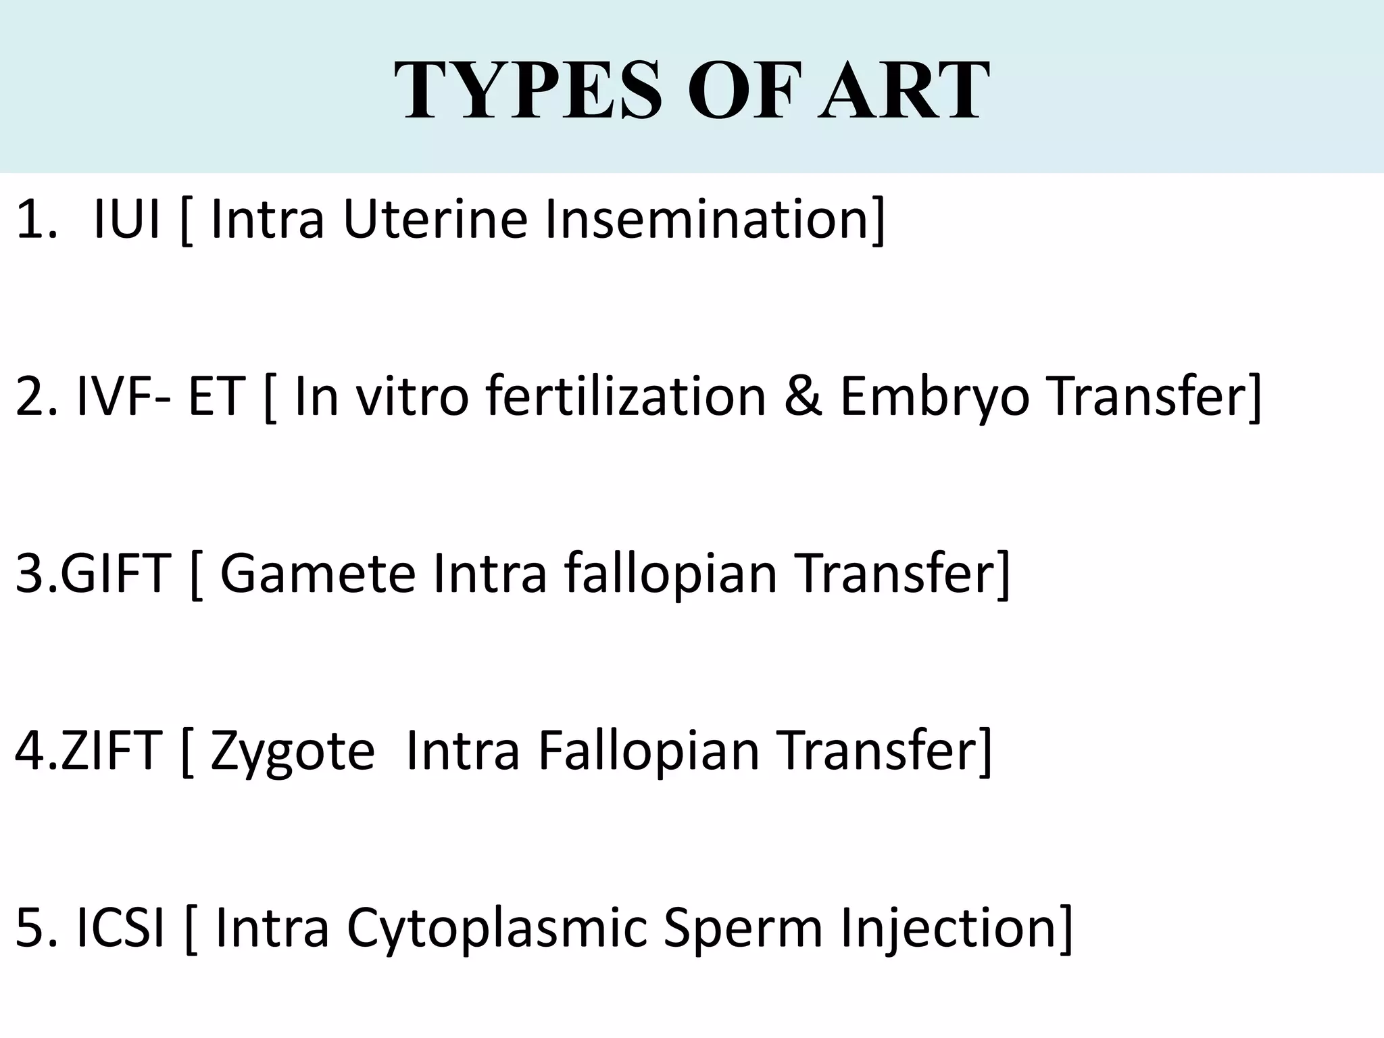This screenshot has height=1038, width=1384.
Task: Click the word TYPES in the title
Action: [527, 91]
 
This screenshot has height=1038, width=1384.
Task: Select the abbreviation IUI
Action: [126, 219]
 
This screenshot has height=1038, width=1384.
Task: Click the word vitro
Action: [412, 397]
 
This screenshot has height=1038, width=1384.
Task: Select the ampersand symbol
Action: [804, 397]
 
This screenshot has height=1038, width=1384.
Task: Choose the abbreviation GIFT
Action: [115, 574]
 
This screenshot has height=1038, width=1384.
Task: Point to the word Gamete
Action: [318, 574]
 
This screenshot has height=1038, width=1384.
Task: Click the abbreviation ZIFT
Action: [112, 751]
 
